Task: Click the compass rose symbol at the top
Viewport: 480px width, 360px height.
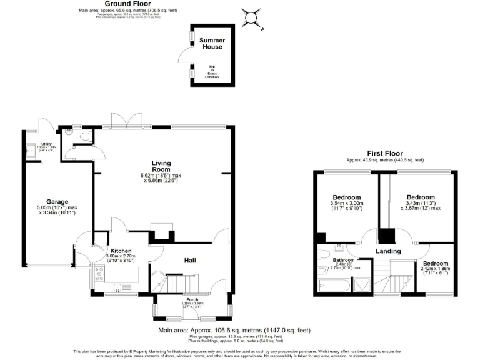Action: pos(251,17)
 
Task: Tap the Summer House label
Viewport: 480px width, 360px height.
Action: pos(212,44)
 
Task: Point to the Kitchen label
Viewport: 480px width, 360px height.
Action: pos(121,250)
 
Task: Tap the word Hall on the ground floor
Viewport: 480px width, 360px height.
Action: pos(192,259)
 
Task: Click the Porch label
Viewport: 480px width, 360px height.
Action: pos(192,300)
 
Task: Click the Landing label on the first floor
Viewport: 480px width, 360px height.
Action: pos(387,251)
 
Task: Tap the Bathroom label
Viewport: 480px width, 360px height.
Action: pos(343,260)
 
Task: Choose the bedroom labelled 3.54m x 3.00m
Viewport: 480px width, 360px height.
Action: pos(346,196)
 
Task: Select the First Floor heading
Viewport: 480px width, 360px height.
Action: pos(385,153)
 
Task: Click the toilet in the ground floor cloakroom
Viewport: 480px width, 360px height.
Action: pos(70,133)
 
